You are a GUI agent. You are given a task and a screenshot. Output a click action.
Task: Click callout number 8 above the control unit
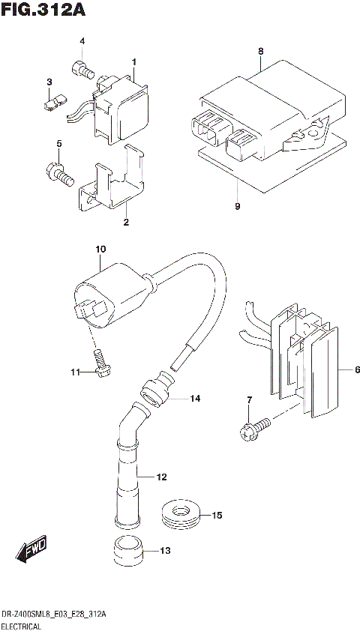[260, 51]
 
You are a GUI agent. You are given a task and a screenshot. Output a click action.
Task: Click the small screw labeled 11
[98, 367]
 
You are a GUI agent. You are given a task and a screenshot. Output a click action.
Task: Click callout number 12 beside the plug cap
[160, 476]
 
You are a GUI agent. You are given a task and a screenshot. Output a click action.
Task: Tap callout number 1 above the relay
[133, 61]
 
